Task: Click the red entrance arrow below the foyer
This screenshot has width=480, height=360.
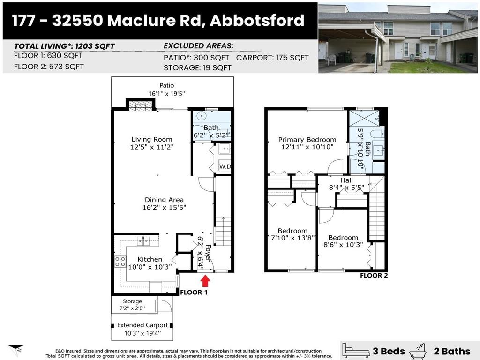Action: pyautogui.click(x=205, y=281)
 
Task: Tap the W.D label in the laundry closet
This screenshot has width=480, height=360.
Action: pyautogui.click(x=225, y=166)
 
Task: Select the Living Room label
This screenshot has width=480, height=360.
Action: pyautogui.click(x=151, y=139)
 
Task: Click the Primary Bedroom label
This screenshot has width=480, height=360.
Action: pyautogui.click(x=307, y=140)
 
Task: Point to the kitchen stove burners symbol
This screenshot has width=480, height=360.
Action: pyautogui.click(x=120, y=262)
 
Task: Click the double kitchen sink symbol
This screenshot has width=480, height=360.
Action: pyautogui.click(x=143, y=241)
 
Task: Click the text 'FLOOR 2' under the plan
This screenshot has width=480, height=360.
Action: pyautogui.click(x=374, y=276)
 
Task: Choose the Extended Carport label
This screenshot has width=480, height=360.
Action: pyautogui.click(x=142, y=325)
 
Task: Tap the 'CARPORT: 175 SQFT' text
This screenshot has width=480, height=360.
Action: pyautogui.click(x=272, y=58)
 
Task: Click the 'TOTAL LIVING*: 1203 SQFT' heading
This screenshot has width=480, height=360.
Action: pyautogui.click(x=64, y=46)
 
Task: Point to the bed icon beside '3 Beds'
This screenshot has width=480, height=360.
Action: pyautogui.click(x=356, y=350)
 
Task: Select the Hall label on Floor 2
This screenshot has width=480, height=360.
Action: pyautogui.click(x=346, y=180)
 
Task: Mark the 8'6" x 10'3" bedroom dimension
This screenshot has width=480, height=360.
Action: pyautogui.click(x=343, y=245)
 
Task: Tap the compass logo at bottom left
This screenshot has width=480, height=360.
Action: pyautogui.click(x=15, y=349)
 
